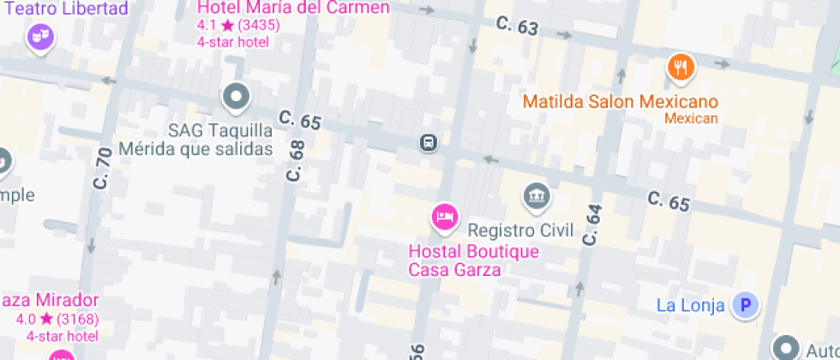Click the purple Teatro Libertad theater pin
point(38,37)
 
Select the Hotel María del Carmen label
point(293,9)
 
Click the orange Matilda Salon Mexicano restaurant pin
point(681,67)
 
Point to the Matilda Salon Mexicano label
point(621,102)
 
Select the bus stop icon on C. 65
point(429,142)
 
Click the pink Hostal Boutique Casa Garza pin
point(443,217)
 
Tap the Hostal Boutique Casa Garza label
point(474,261)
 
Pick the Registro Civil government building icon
point(537,195)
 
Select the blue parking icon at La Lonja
point(747,304)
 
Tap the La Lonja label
point(691,305)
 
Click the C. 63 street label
point(517,27)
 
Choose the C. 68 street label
point(296,160)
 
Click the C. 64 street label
point(591,225)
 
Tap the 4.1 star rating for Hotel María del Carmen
point(238,26)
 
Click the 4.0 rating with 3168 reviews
point(57,320)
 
